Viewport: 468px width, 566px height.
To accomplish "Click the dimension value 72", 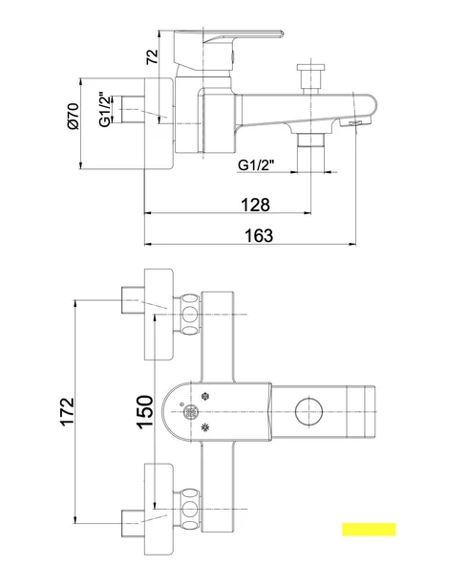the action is (x=152, y=56).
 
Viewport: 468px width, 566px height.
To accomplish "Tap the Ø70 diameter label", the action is (x=73, y=116).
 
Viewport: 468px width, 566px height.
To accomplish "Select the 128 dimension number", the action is (x=255, y=205).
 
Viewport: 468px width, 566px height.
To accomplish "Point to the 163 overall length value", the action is (x=259, y=236).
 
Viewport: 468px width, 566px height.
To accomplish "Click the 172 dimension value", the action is (x=68, y=412).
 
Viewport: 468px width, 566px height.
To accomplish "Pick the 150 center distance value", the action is (x=145, y=412).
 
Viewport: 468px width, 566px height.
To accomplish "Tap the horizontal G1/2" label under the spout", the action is (x=256, y=165).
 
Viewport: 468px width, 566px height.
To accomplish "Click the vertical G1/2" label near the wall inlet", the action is (x=104, y=109).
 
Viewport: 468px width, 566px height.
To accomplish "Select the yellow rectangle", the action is (x=369, y=529).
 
